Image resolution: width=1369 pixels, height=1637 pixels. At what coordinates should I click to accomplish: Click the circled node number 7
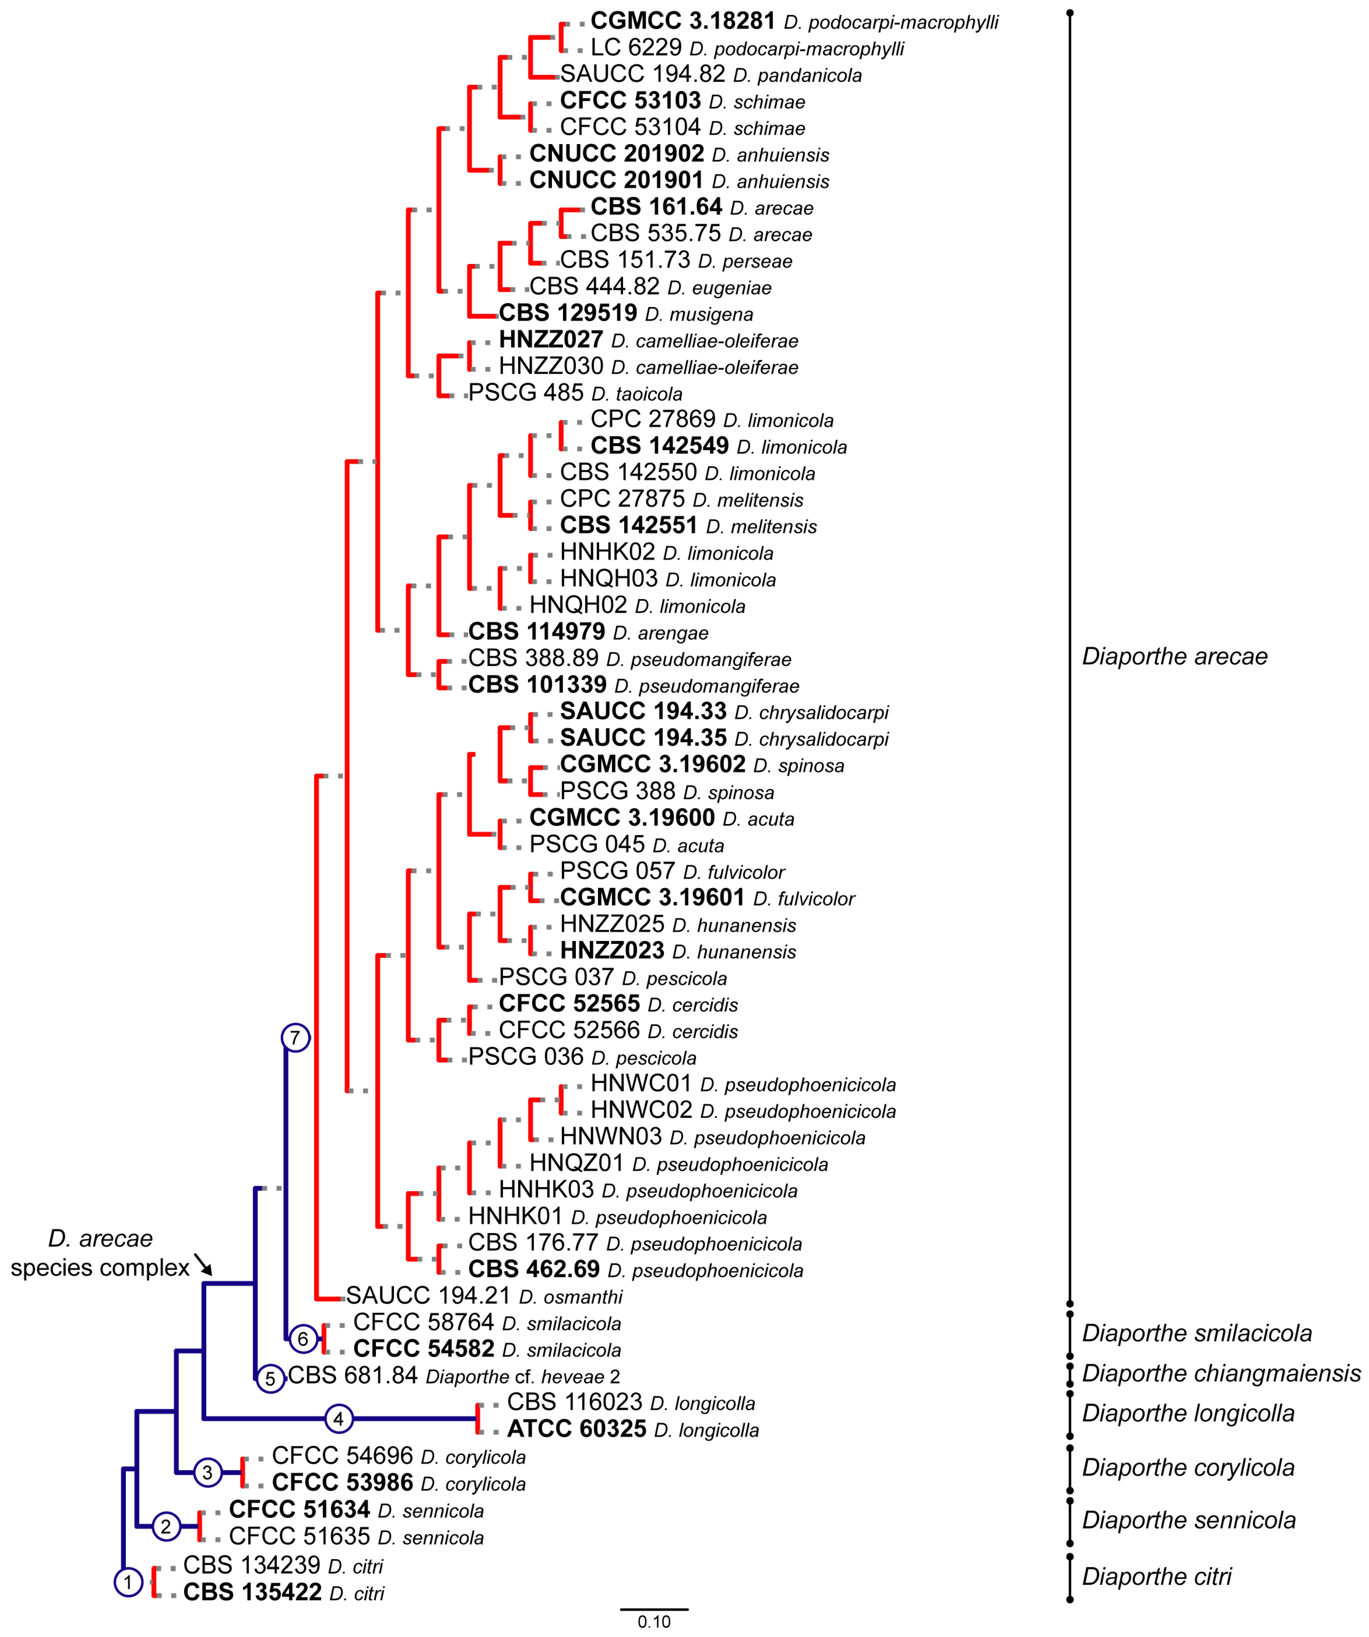point(295,1038)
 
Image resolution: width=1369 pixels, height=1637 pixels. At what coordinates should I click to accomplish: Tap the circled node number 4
point(338,1419)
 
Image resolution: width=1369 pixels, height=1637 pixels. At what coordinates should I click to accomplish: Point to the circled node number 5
point(270,1378)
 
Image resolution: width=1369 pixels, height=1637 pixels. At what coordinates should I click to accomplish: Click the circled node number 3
point(207,1472)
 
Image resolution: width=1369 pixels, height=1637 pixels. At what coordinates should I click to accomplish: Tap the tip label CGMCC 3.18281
point(683,21)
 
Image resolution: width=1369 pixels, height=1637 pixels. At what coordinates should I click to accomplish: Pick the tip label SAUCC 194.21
point(428,1295)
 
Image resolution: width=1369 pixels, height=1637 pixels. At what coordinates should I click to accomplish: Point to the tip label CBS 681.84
point(352,1376)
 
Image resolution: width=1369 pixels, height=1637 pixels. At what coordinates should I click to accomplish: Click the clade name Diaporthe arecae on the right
point(1174,656)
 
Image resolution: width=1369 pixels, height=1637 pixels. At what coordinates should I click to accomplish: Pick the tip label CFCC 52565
point(569,1004)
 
